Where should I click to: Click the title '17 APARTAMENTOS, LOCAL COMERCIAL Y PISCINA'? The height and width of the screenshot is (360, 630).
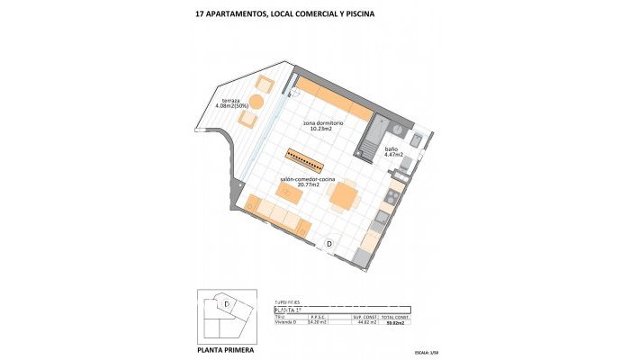coord(284,14)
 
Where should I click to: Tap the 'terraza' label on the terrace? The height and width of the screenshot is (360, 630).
coord(230,100)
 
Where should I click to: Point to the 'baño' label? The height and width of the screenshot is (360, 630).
coord(391,148)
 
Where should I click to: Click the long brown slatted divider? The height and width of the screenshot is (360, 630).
coord(306,160)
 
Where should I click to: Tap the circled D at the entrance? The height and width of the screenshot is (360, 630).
coord(329,243)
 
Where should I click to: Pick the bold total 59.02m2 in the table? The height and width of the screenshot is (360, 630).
coord(395,321)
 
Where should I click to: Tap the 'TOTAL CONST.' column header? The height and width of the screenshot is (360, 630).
coord(395,316)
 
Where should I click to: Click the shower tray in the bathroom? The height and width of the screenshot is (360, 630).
coord(371,140)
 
